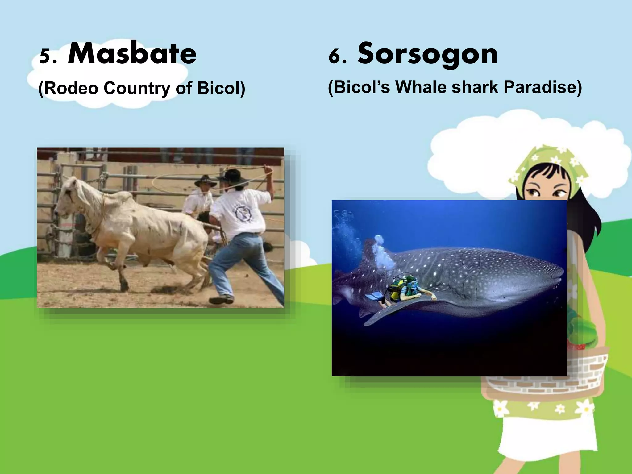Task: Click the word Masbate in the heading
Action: click(132, 54)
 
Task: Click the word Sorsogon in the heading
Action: click(427, 54)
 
